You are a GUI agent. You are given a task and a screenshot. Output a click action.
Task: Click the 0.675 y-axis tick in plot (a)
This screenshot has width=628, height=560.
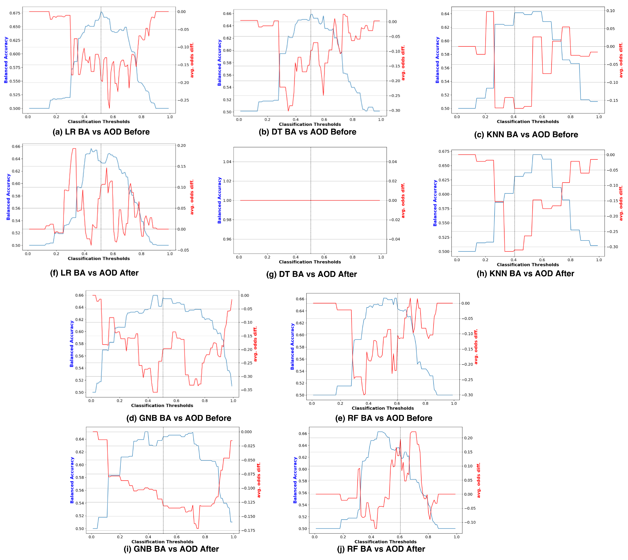point(15,13)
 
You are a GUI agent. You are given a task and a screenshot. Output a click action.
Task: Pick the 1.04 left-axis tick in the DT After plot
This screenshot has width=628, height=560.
point(227,162)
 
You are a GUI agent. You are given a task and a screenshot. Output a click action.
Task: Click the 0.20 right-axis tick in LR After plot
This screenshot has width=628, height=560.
point(182,146)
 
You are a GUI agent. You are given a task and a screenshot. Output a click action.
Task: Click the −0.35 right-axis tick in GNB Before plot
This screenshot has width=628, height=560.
point(246,390)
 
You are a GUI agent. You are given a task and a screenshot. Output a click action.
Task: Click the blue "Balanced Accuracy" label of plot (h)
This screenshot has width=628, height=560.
point(435,203)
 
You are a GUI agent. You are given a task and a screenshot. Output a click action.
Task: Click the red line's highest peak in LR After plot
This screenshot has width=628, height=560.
point(74,149)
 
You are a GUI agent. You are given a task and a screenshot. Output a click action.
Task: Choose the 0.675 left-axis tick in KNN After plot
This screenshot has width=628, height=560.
point(444,151)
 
